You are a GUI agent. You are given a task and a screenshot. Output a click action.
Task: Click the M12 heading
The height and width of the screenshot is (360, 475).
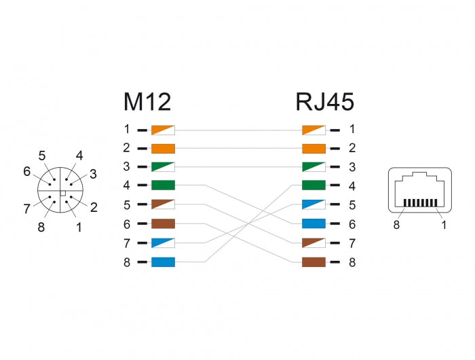pos(147,102)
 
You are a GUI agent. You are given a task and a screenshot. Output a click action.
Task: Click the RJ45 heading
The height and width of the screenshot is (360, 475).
pos(324,102)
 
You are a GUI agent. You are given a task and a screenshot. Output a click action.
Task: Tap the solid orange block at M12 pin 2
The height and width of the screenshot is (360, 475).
pos(164,148)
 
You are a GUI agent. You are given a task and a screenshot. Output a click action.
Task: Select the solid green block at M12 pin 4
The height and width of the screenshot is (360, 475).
pos(164,185)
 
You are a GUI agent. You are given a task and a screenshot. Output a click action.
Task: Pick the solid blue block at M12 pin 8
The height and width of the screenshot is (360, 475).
pos(164,262)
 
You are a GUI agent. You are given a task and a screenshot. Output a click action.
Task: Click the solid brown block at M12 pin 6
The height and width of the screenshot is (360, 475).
pos(164,223)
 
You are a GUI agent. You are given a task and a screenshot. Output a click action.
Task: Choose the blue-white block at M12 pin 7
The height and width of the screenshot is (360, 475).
pos(164,242)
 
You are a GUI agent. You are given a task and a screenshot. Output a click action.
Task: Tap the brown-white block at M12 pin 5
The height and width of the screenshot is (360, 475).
pos(164,204)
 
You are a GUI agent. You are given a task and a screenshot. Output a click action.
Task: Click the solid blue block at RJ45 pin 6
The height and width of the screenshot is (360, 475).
pos(313,223)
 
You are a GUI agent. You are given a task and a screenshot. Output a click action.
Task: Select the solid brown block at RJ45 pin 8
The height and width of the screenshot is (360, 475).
pos(313,262)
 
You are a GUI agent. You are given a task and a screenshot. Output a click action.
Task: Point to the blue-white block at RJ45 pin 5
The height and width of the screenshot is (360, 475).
pos(313,204)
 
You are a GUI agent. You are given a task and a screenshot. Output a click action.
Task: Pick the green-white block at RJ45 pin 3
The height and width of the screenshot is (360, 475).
pos(313,166)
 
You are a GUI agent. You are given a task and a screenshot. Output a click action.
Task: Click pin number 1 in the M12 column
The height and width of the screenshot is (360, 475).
pos(126,129)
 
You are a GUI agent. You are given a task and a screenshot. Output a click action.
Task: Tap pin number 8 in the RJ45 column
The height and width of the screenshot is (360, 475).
pos(351,262)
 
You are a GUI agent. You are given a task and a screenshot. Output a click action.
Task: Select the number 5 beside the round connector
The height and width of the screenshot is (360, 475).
pos(42,156)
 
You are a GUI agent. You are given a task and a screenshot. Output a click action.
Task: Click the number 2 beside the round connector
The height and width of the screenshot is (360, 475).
pos(94,207)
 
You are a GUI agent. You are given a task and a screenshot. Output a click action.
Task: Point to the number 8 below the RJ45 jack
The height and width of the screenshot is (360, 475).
pos(397,225)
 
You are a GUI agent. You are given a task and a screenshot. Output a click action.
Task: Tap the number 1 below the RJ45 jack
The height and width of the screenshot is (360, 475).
pos(444,225)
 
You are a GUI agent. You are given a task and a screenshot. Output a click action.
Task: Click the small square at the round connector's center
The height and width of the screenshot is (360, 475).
pos(62,194)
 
